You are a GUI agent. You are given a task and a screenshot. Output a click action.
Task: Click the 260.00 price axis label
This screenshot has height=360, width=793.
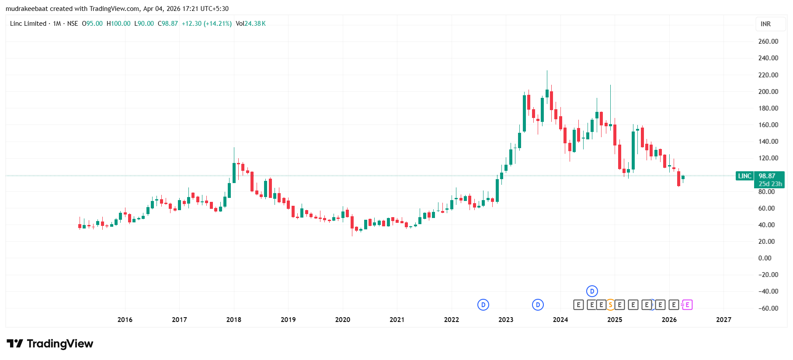pos(768,42)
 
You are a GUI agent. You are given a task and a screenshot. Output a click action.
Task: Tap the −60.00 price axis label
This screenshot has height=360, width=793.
pos(768,308)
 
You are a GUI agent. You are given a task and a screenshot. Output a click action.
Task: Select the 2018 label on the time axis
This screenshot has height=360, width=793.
pos(233,320)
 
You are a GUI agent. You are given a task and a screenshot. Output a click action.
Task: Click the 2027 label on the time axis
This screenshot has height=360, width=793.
pos(723,320)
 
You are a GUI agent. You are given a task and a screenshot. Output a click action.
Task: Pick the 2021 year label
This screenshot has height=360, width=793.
pos(397,320)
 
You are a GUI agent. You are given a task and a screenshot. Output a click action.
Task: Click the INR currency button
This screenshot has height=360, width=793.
pos(765,24)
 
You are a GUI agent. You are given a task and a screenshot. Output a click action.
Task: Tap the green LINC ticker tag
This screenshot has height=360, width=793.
pos(744,176)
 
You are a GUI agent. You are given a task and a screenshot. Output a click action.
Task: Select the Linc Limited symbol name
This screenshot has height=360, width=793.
pos(28,24)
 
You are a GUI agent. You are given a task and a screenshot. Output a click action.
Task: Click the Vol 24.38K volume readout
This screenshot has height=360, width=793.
pos(250,24)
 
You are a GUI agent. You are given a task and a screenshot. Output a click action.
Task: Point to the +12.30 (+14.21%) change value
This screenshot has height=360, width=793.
pos(206,24)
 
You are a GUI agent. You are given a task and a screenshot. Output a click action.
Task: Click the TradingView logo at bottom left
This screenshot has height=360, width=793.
pos(50,344)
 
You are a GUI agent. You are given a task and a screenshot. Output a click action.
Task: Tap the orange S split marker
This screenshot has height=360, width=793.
pos(610,305)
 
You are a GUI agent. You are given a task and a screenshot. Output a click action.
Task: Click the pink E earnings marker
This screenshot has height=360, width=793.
pos(687,305)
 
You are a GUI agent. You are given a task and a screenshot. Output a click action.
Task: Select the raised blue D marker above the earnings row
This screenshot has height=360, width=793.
pos(592,291)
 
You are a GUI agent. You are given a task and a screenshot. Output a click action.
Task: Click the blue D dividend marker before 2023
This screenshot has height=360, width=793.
pos(483,305)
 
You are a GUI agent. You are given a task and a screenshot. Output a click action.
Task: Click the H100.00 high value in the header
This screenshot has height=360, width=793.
pos(118,24)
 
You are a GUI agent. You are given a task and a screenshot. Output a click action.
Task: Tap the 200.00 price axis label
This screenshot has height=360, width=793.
pos(768,92)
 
